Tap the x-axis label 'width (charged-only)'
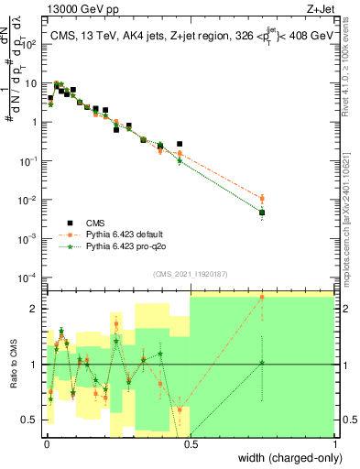click(x=285, y=456)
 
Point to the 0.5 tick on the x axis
click(x=190, y=444)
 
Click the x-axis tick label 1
click(x=334, y=444)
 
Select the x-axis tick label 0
click(x=45, y=444)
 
